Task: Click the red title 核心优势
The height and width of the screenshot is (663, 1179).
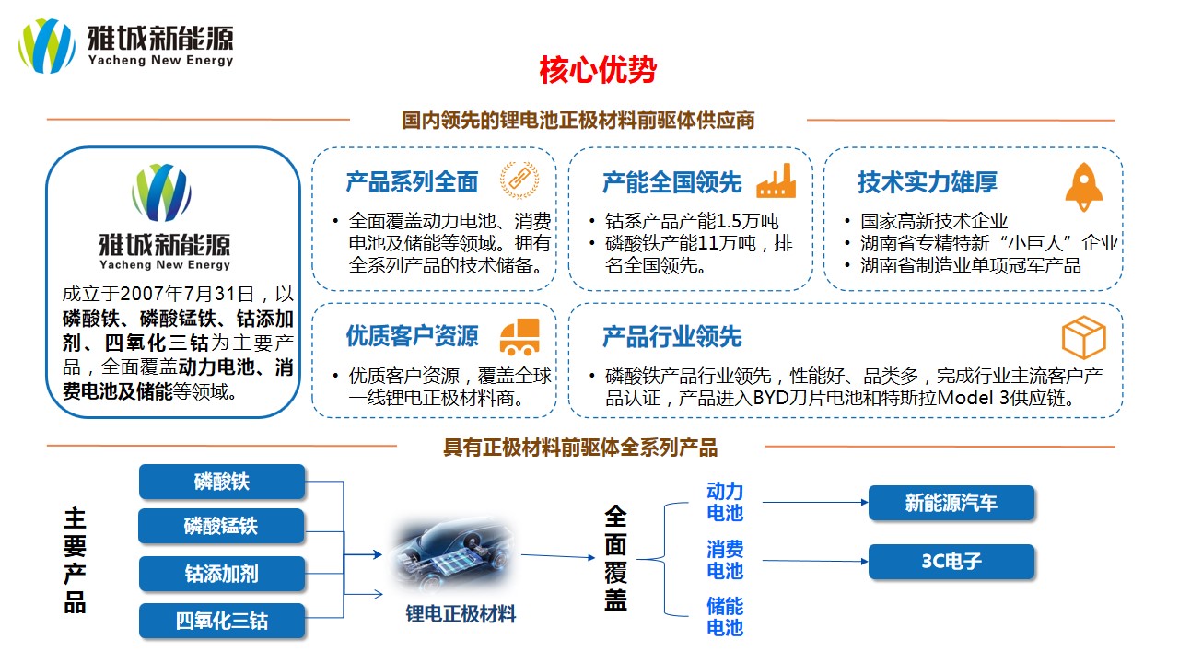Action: pos(598,70)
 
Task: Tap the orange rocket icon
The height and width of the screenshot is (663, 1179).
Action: pos(1083,187)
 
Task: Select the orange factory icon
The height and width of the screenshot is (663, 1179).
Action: pos(776,180)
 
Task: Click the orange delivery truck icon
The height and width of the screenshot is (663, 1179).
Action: pos(519,337)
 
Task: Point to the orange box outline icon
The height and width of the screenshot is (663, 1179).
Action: pos(1084,337)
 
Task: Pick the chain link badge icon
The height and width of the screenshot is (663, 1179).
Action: pos(519,180)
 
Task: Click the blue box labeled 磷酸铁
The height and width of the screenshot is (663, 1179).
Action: pos(222,482)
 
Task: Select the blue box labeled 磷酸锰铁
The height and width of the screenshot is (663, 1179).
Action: pos(222,526)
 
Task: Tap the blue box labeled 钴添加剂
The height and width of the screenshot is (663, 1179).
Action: pos(222,574)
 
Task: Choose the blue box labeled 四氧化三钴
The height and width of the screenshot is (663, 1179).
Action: pos(222,621)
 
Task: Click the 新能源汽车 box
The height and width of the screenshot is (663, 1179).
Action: pos(951,503)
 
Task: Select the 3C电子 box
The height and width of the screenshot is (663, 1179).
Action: pos(951,562)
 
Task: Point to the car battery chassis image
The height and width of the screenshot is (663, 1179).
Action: pos(452,555)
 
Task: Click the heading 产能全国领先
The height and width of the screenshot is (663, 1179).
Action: pos(672,182)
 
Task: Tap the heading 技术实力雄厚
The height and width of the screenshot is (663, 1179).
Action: pos(928,182)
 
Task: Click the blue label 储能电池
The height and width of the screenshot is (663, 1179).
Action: pos(725,617)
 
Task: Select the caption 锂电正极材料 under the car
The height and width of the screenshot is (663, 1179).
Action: pos(461,614)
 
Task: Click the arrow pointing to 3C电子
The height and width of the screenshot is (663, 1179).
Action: pos(815,561)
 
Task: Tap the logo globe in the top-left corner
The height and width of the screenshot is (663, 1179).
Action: pos(47,46)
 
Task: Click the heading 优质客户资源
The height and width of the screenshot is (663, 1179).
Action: pos(412,336)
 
